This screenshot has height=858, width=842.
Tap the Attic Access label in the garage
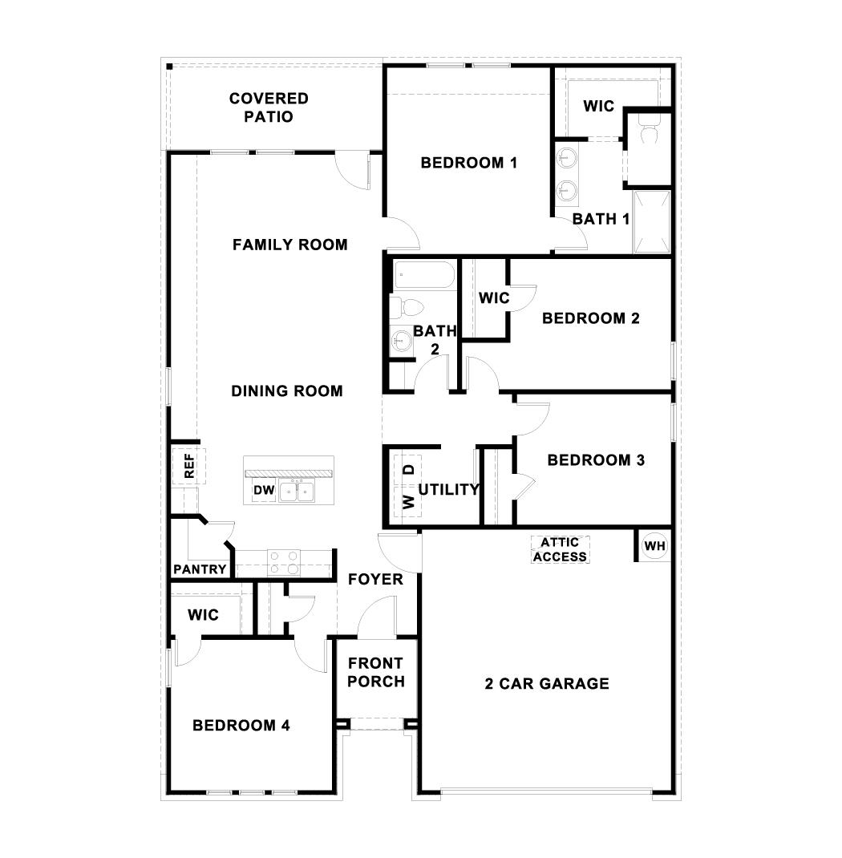(x=560, y=550)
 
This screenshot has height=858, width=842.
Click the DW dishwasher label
(x=264, y=490)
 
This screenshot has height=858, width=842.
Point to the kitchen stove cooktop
(x=283, y=561)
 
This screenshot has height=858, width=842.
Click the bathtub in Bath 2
(x=424, y=276)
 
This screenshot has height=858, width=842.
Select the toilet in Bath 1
(x=649, y=128)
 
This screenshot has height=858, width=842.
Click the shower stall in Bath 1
(x=650, y=222)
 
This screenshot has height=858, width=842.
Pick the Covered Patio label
(x=269, y=107)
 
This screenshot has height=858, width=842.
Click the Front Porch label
(x=376, y=673)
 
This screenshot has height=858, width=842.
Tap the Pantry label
(x=200, y=570)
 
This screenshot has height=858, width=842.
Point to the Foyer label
(x=375, y=579)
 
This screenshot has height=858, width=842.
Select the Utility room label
(x=448, y=489)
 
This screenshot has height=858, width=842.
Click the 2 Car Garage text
(x=547, y=683)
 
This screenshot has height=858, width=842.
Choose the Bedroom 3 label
(x=596, y=460)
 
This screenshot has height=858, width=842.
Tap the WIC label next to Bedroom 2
(x=494, y=298)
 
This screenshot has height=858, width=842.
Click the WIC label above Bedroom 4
(x=203, y=615)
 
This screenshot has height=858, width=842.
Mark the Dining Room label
(x=287, y=391)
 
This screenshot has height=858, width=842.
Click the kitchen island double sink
(x=297, y=491)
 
